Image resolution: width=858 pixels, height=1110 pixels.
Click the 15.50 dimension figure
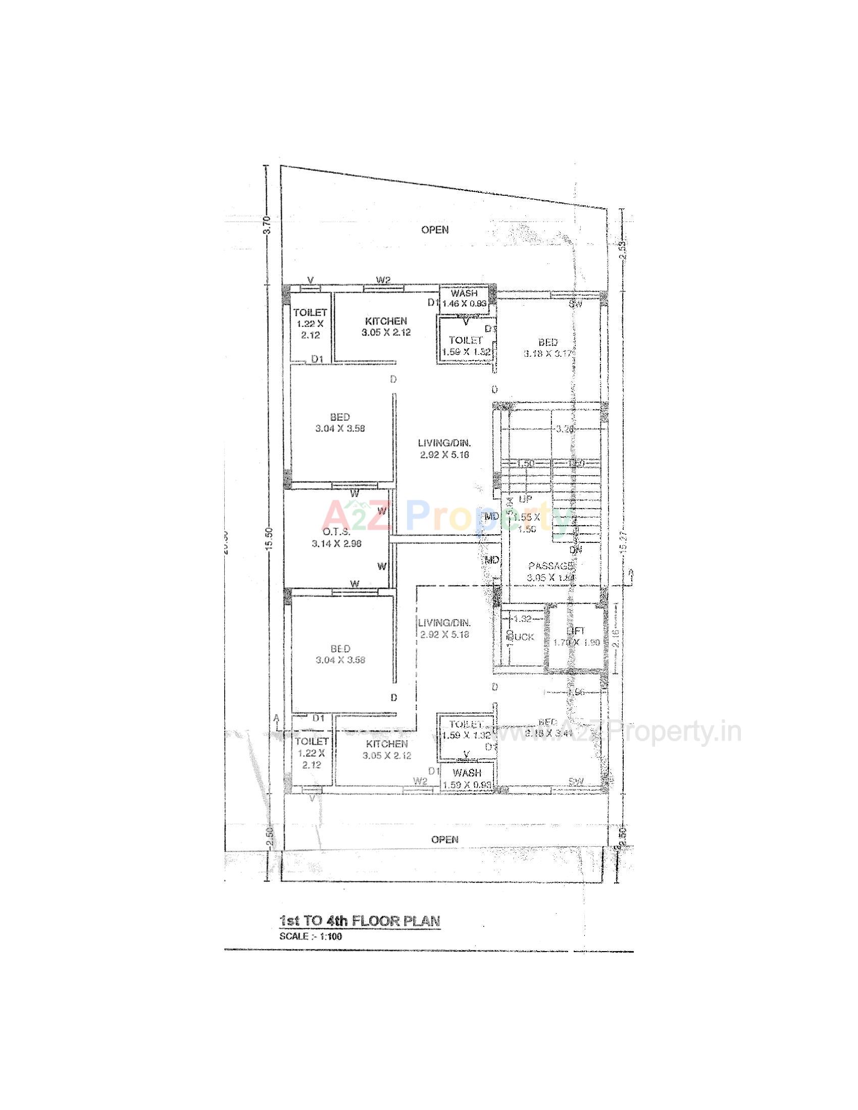click(x=269, y=538)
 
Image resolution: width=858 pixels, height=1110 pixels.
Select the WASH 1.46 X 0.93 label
click(x=464, y=298)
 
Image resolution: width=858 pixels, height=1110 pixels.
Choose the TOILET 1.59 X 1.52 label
click(x=466, y=346)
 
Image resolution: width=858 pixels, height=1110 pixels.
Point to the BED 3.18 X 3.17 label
click(x=548, y=348)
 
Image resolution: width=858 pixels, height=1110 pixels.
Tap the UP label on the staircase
click(x=525, y=499)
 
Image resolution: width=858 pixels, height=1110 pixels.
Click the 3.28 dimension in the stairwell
click(x=565, y=428)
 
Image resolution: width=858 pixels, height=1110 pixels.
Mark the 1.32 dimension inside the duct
click(x=522, y=619)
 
